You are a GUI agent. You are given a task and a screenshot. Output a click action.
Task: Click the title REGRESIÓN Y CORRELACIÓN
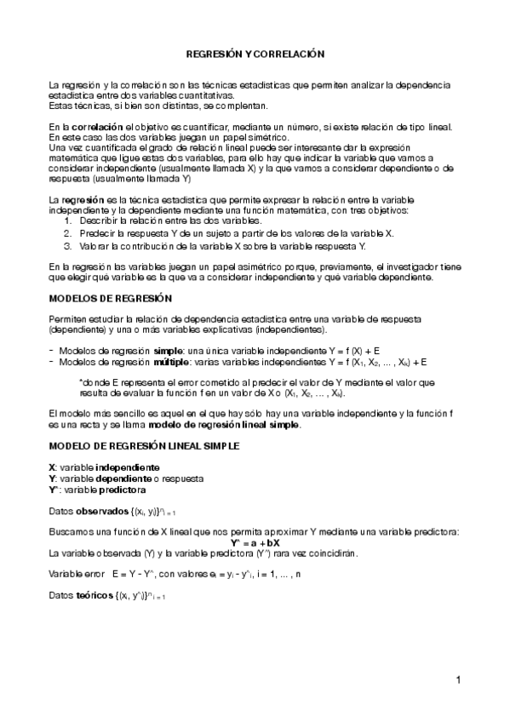point(255,54)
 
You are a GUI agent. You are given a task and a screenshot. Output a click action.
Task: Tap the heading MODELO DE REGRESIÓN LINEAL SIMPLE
point(144,445)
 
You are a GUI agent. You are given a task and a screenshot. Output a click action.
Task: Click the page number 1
point(458,679)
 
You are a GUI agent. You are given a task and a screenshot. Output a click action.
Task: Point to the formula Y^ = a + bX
point(255,542)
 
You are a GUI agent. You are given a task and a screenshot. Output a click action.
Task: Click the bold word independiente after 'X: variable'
point(127,467)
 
